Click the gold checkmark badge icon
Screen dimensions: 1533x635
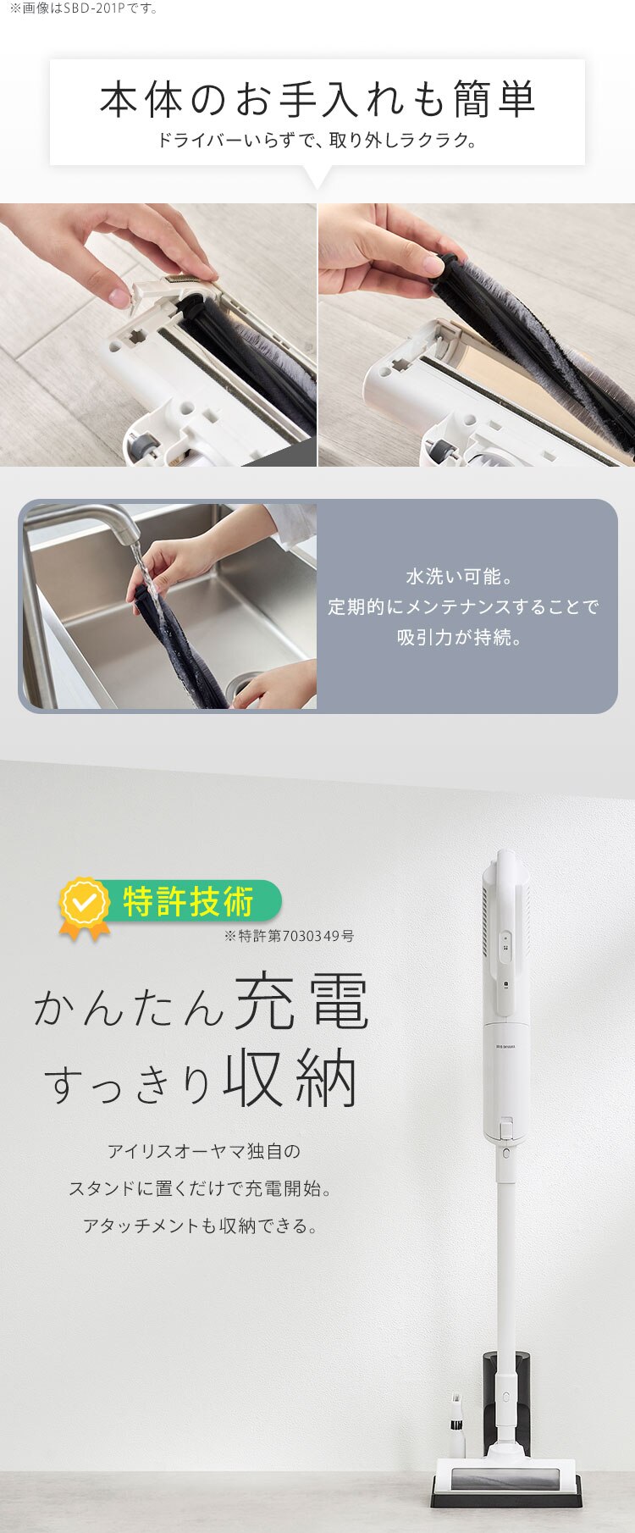click(x=84, y=905)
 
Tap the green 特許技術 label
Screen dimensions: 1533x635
click(x=188, y=901)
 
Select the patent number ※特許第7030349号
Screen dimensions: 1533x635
click(x=289, y=936)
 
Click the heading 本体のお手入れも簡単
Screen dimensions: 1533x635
click(x=317, y=100)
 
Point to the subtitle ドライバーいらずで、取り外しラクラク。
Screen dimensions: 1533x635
click(x=317, y=140)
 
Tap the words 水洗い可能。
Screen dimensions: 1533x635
click(x=460, y=577)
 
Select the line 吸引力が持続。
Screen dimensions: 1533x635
click(x=460, y=637)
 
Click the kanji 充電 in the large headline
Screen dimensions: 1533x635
click(x=301, y=1002)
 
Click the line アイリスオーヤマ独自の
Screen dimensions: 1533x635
click(x=203, y=1151)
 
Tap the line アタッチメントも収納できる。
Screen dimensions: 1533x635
click(x=202, y=1226)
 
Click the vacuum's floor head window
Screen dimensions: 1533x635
click(x=506, y=1479)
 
